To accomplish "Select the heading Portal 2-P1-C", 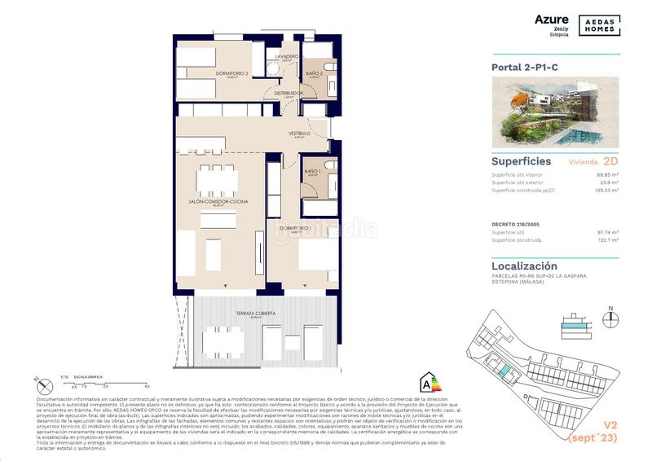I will tap(525, 68).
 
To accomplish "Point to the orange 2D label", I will tap(610, 162).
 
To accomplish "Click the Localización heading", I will tap(524, 266).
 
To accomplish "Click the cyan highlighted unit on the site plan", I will tap(506, 371).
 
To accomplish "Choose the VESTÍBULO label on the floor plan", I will tap(299, 134).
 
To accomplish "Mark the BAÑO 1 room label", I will tap(311, 172).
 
